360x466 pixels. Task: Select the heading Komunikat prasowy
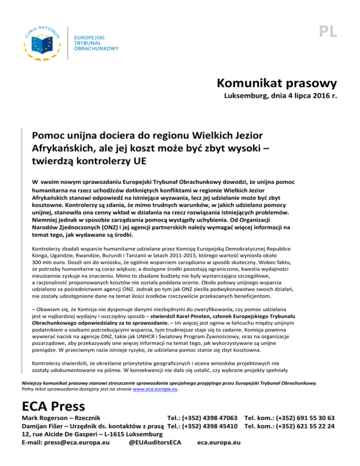[277, 85]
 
